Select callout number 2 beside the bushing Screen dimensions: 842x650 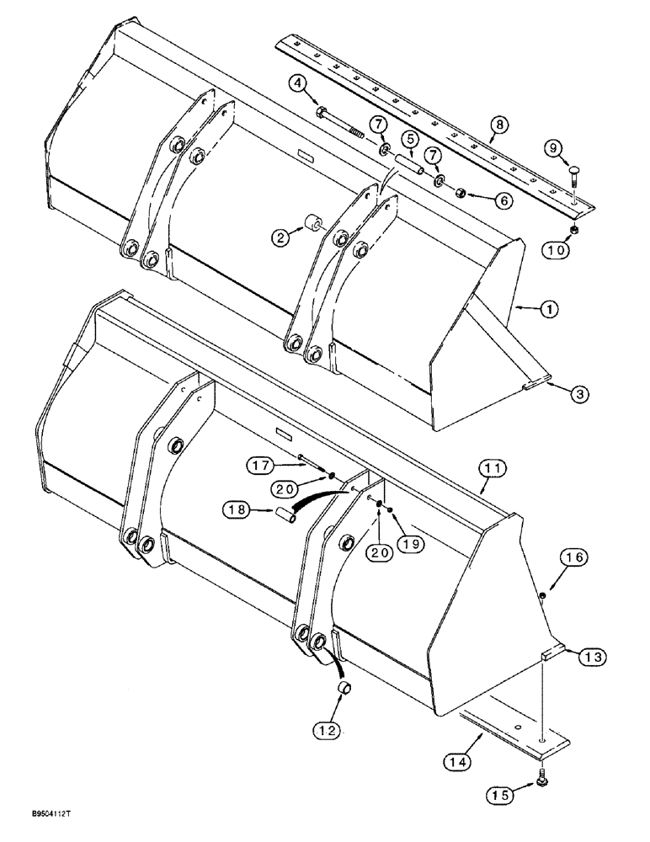coord(281,237)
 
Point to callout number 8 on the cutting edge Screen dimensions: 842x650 coord(499,124)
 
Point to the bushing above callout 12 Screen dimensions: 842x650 coord(343,691)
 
